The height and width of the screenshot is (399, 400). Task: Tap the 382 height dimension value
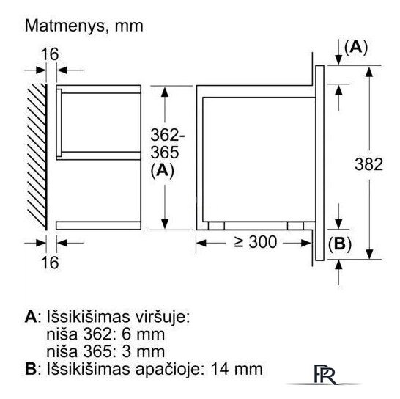coord(369,164)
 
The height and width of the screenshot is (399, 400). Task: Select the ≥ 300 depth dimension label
coord(256,242)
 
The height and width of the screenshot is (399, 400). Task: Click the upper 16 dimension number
coord(50,54)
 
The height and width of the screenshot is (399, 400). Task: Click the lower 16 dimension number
coord(50,263)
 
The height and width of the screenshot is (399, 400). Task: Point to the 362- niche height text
coord(167,135)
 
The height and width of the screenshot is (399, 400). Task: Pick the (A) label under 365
coord(162,171)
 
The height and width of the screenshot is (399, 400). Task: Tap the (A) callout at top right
coord(356,48)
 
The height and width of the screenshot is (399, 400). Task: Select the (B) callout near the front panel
coord(340,244)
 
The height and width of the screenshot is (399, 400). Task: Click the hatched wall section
coord(37,157)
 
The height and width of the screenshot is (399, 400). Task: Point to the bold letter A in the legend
coord(31,318)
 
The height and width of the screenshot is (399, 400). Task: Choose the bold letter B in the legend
coord(31,369)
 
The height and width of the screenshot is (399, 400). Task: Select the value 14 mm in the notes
coord(237,370)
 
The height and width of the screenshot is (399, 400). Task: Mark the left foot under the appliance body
coord(216,226)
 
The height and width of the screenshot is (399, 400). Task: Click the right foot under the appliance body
coord(295,226)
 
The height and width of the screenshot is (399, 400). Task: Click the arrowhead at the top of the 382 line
coord(369,72)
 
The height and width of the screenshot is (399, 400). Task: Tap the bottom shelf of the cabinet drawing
coord(98,226)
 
